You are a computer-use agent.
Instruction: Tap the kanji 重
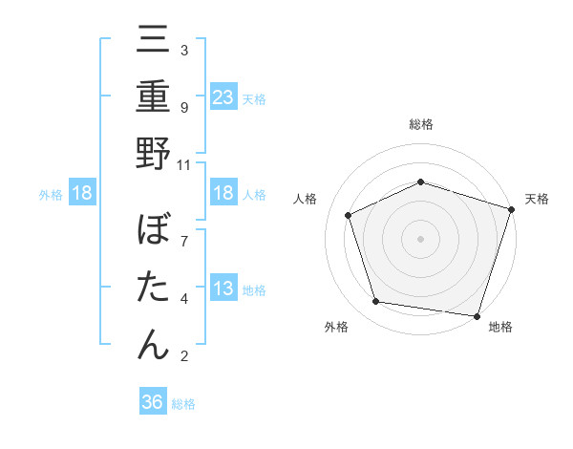[x=153, y=99]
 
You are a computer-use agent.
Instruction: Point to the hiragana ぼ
[x=153, y=232]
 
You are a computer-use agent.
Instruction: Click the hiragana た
[x=153, y=288]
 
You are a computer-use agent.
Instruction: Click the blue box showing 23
[x=223, y=97]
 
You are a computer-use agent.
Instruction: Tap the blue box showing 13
[x=223, y=289]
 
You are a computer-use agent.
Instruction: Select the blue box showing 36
[x=153, y=402]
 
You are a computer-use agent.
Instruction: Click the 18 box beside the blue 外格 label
[x=82, y=193]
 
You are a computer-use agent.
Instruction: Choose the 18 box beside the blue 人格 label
[x=223, y=193]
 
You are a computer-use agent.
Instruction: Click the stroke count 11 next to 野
[x=184, y=163]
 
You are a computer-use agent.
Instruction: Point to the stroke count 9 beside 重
[x=184, y=107]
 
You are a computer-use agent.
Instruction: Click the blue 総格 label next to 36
[x=183, y=404]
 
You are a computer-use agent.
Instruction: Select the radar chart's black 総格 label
[x=420, y=124]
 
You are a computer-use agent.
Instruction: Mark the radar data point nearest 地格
[x=476, y=314]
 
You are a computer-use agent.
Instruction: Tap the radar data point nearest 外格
[x=376, y=302]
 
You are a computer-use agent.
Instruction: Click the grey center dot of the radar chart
[x=420, y=238]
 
